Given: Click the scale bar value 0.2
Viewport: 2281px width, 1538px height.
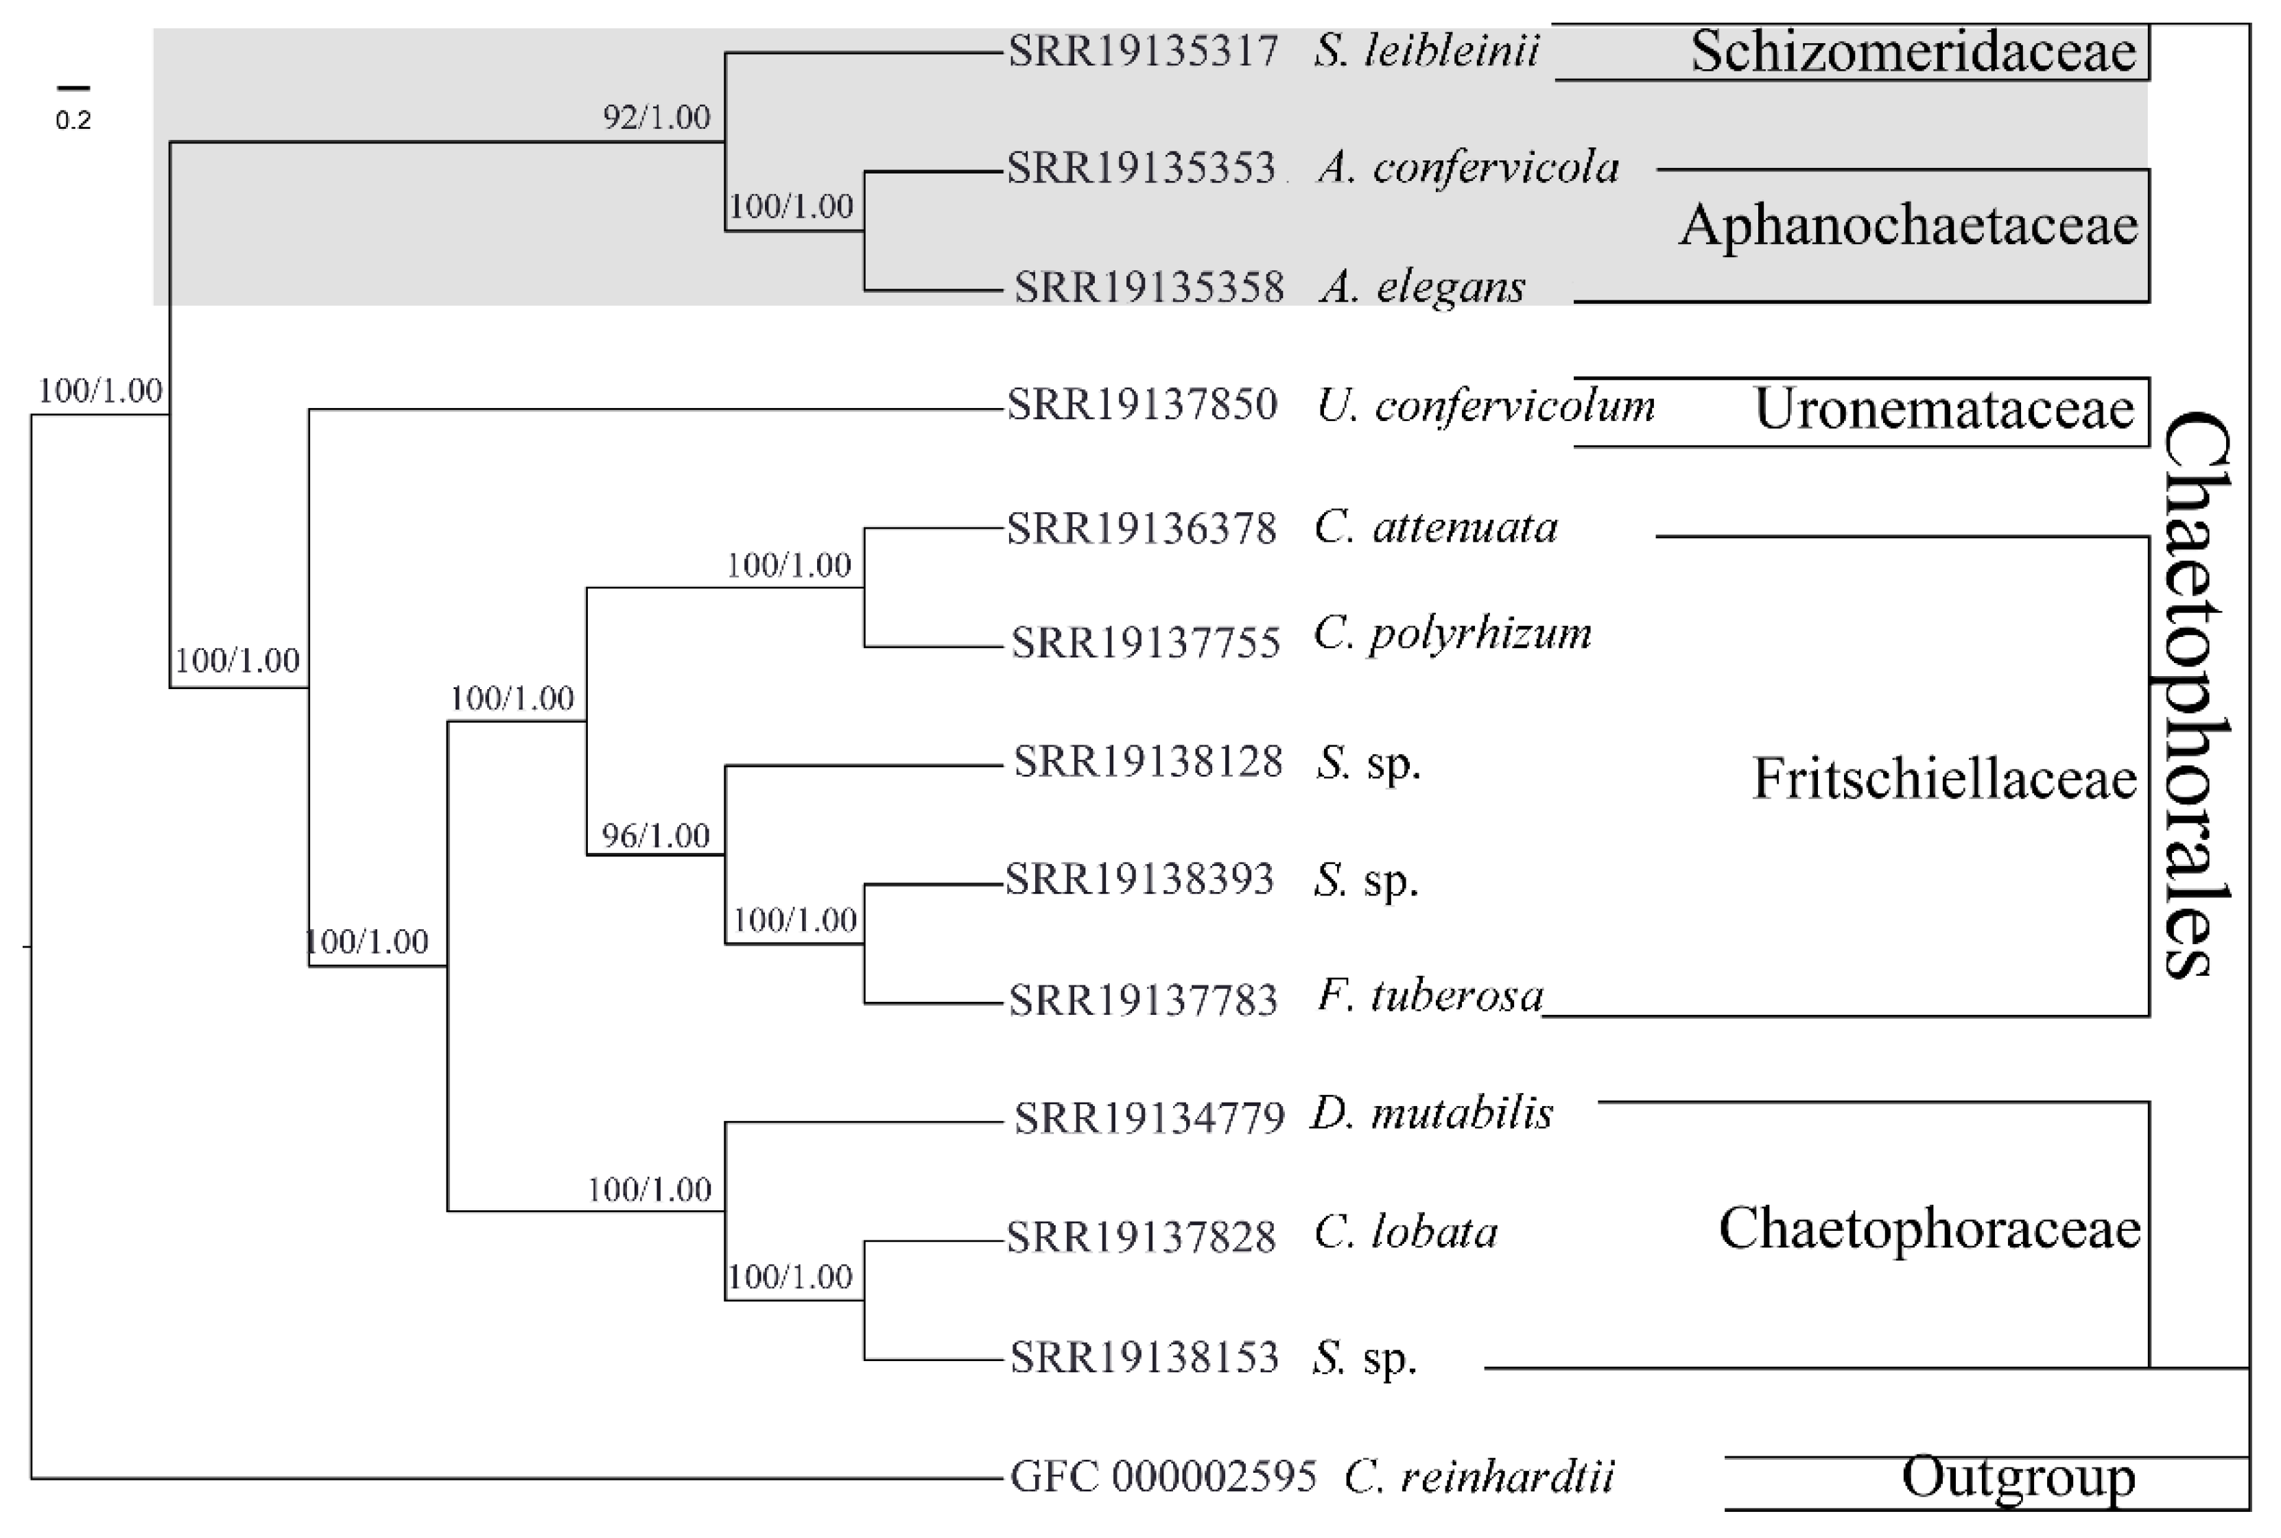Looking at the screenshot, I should tap(73, 121).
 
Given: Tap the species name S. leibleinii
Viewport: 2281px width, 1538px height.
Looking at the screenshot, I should tap(1426, 51).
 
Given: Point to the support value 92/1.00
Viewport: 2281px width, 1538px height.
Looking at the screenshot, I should tap(655, 118).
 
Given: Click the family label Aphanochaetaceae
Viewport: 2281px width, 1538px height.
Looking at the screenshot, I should tap(1908, 226).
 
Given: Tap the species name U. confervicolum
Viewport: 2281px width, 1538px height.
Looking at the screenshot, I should tap(1485, 405).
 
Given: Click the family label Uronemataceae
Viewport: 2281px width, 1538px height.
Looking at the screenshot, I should tap(1943, 409).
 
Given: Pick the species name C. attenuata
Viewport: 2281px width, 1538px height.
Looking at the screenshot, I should tap(1435, 528).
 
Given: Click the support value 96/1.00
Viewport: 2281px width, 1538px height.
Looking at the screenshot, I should tap(655, 836).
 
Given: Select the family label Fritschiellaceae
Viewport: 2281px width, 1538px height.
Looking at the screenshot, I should tap(1943, 779).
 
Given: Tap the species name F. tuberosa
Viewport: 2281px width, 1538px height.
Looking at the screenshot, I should tap(1430, 996).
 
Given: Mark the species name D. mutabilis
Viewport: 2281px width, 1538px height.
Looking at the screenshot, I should tap(1432, 1114).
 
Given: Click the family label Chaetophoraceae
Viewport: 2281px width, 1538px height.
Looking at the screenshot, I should tap(1929, 1228).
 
